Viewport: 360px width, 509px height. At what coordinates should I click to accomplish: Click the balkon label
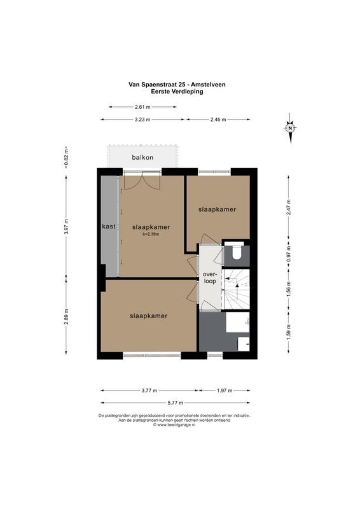(x=142, y=157)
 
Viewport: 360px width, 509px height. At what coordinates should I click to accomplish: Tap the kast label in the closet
(x=109, y=227)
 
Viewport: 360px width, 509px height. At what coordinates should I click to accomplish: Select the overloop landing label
(x=210, y=278)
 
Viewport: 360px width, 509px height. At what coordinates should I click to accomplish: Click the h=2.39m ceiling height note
(x=151, y=234)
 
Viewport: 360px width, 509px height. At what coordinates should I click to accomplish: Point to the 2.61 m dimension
(x=142, y=107)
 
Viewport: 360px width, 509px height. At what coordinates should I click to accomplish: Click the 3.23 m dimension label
(x=142, y=120)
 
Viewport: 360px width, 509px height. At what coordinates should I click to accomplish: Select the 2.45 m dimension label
(x=218, y=120)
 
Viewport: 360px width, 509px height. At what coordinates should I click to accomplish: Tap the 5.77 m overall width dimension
(x=176, y=403)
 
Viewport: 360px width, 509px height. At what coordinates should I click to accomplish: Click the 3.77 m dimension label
(x=149, y=391)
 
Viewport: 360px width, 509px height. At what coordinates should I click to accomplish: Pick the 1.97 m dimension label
(x=225, y=391)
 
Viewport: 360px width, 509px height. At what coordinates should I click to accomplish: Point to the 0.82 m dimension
(x=66, y=158)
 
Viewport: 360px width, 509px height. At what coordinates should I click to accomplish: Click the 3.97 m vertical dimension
(x=66, y=227)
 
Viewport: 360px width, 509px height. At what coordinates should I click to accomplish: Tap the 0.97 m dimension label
(x=289, y=254)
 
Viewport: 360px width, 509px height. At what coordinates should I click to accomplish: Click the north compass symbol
(x=290, y=128)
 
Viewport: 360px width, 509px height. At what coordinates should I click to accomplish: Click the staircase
(x=237, y=289)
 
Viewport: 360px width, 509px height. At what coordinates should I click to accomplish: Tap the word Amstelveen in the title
(x=208, y=85)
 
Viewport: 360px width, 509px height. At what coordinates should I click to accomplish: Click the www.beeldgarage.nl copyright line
(x=174, y=424)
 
